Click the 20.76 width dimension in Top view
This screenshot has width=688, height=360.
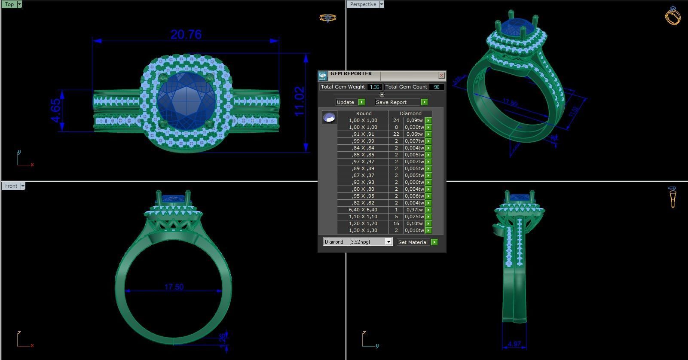coord(186,34)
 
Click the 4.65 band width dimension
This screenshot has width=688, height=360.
coord(56,110)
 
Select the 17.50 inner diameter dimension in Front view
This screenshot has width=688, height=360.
coord(174,287)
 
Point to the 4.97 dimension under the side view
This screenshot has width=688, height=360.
coord(514,344)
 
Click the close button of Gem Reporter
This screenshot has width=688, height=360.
coord(441,76)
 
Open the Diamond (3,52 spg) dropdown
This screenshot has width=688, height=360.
coord(388,242)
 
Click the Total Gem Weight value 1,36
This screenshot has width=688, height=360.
coord(374,87)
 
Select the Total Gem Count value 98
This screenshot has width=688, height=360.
coord(437,87)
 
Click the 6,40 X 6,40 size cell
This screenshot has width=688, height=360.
coord(363,210)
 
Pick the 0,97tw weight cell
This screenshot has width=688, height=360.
coord(414,210)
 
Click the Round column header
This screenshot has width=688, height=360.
coord(364,113)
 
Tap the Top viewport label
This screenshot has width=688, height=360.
coord(9,4)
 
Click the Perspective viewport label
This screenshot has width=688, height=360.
coord(363,4)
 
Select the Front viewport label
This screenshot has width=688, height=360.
coord(11,186)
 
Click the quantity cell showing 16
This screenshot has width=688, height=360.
coord(396,223)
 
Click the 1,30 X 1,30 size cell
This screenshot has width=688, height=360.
coord(363,230)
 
